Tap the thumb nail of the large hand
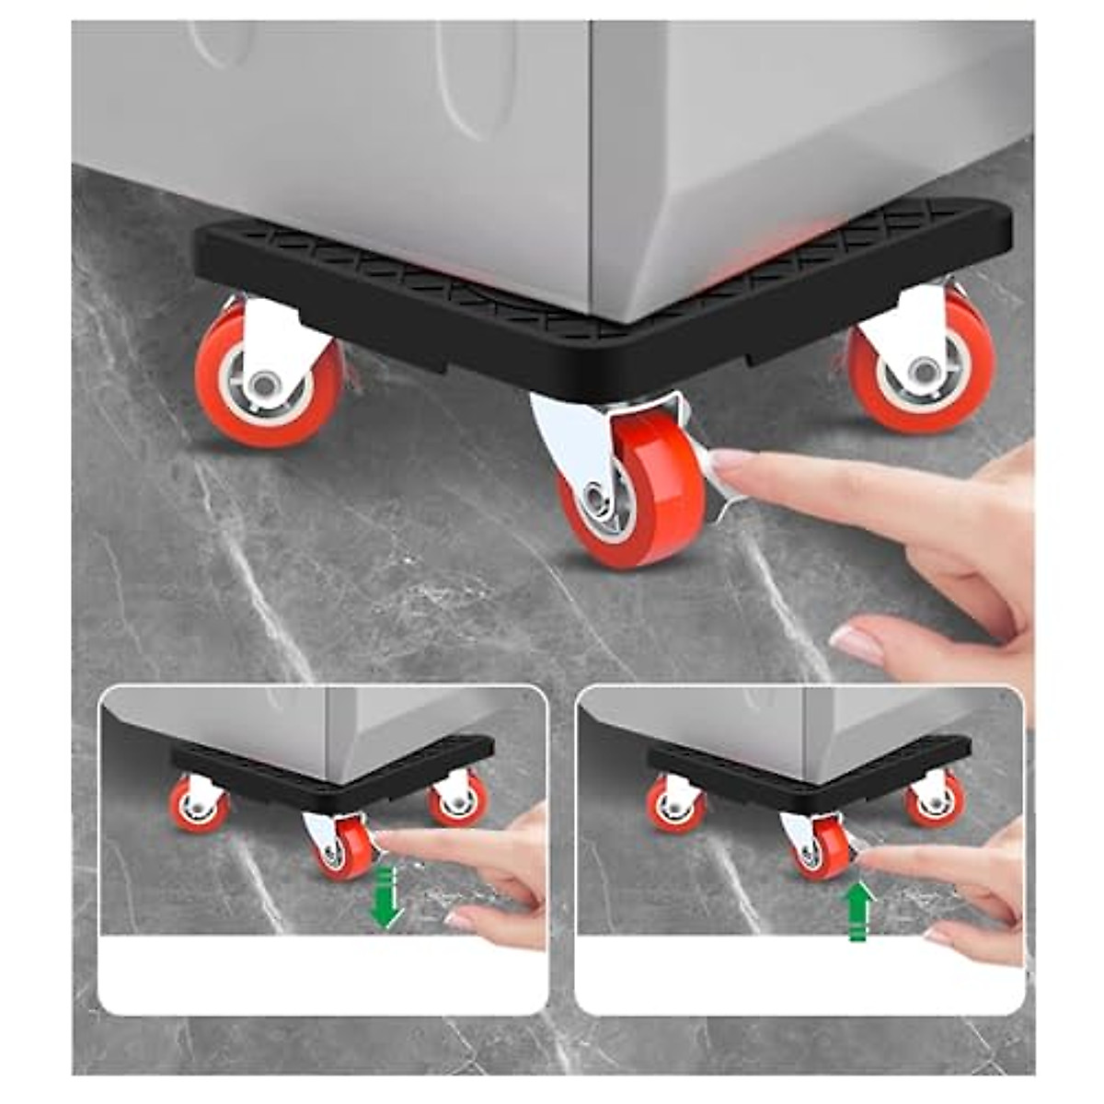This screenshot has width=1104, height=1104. (x=856, y=644)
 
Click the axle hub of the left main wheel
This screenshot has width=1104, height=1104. (x=265, y=381)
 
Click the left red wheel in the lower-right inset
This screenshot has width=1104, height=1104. (x=676, y=806)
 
